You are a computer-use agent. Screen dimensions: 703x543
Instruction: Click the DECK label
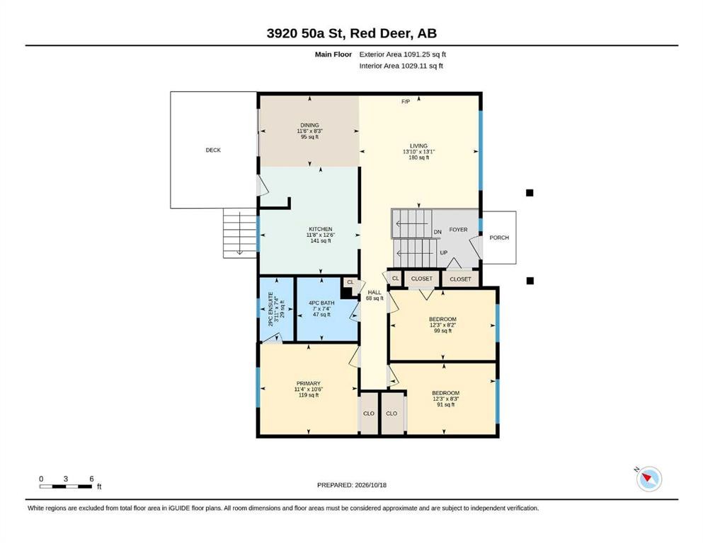213,150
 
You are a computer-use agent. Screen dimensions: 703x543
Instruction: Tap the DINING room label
309,125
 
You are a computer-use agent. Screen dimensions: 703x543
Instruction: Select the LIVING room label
418,146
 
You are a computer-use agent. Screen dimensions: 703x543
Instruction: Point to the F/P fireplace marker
405,102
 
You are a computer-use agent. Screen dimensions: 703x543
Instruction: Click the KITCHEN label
321,229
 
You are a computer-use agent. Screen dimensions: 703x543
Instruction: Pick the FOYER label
458,230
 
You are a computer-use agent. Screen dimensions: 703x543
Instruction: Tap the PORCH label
499,238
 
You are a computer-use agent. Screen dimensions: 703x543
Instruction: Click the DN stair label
438,232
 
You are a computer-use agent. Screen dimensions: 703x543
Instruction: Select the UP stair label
443,253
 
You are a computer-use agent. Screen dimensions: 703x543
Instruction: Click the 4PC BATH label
321,303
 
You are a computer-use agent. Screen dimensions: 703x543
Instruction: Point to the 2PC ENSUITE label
271,309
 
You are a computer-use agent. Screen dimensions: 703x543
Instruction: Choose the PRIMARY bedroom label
309,384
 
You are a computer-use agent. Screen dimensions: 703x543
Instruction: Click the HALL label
375,292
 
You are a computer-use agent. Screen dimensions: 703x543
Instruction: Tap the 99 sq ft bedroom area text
443,331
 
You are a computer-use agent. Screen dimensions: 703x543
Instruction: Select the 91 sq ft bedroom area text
445,404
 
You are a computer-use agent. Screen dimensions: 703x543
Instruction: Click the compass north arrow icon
648,479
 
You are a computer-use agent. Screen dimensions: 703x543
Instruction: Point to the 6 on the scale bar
91,479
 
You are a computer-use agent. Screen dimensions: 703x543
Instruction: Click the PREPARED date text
351,485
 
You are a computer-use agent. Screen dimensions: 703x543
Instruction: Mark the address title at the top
351,33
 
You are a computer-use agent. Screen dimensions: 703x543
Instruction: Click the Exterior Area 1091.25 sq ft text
403,54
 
